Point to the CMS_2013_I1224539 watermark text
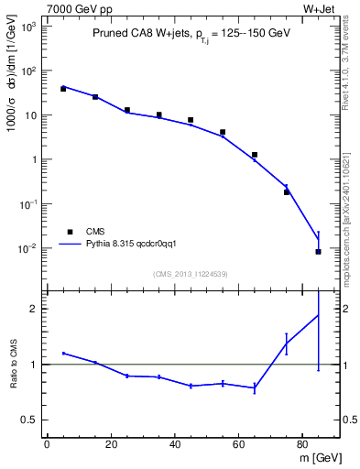pos(190,273)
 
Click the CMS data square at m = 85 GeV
pos(318,251)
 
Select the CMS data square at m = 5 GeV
pos(63,89)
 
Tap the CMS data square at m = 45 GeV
pos(191,120)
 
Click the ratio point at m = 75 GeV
pos(287,343)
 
